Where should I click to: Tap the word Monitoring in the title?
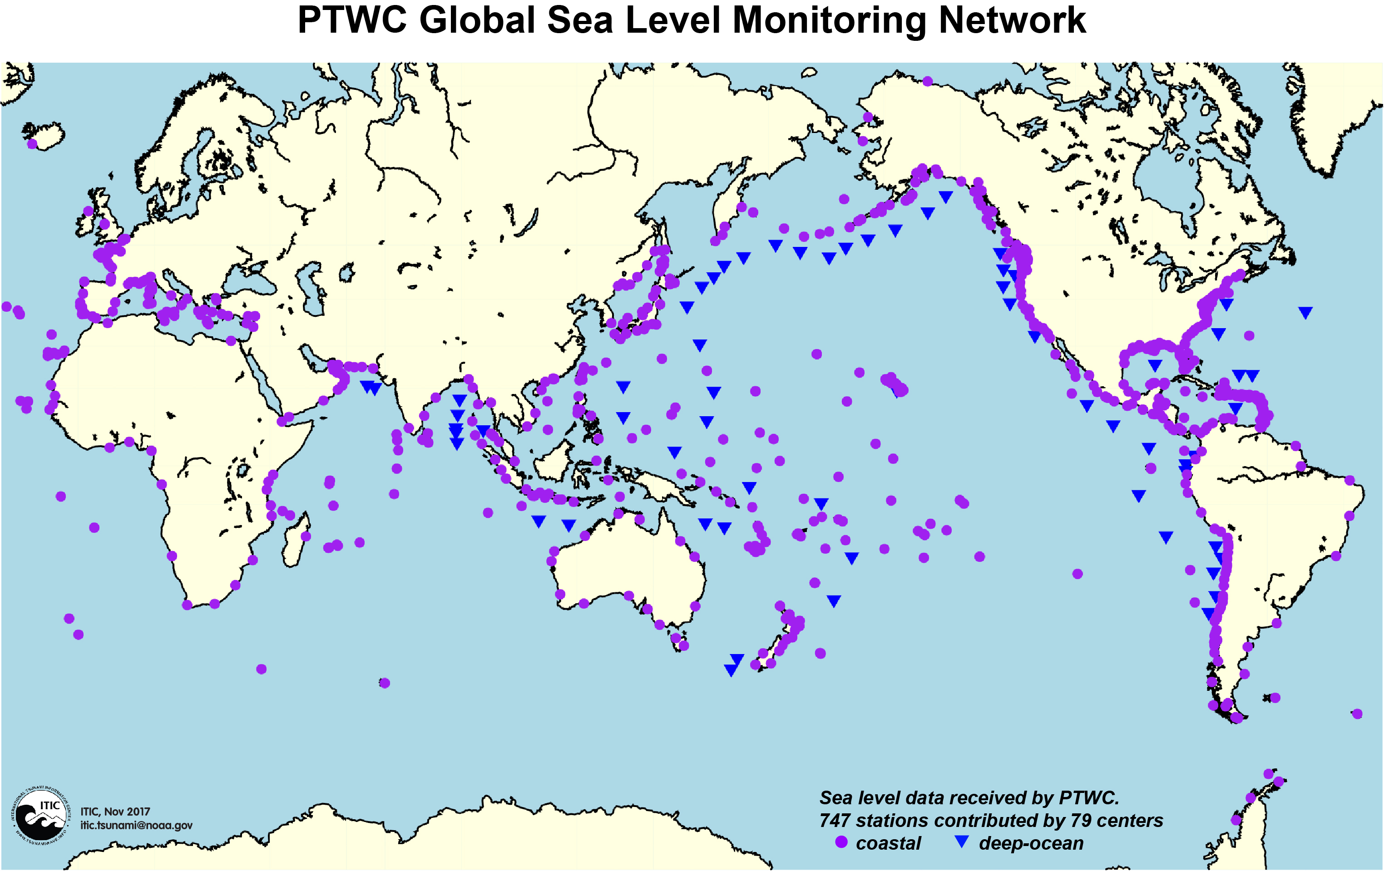click(829, 21)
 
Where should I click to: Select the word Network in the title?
click(1012, 21)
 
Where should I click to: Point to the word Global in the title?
click(478, 21)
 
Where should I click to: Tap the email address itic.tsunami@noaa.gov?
click(136, 826)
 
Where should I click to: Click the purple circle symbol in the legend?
click(841, 842)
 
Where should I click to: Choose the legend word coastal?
click(888, 843)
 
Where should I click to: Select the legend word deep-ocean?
click(1031, 843)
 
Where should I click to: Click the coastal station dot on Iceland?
click(32, 143)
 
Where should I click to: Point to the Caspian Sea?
click(313, 287)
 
